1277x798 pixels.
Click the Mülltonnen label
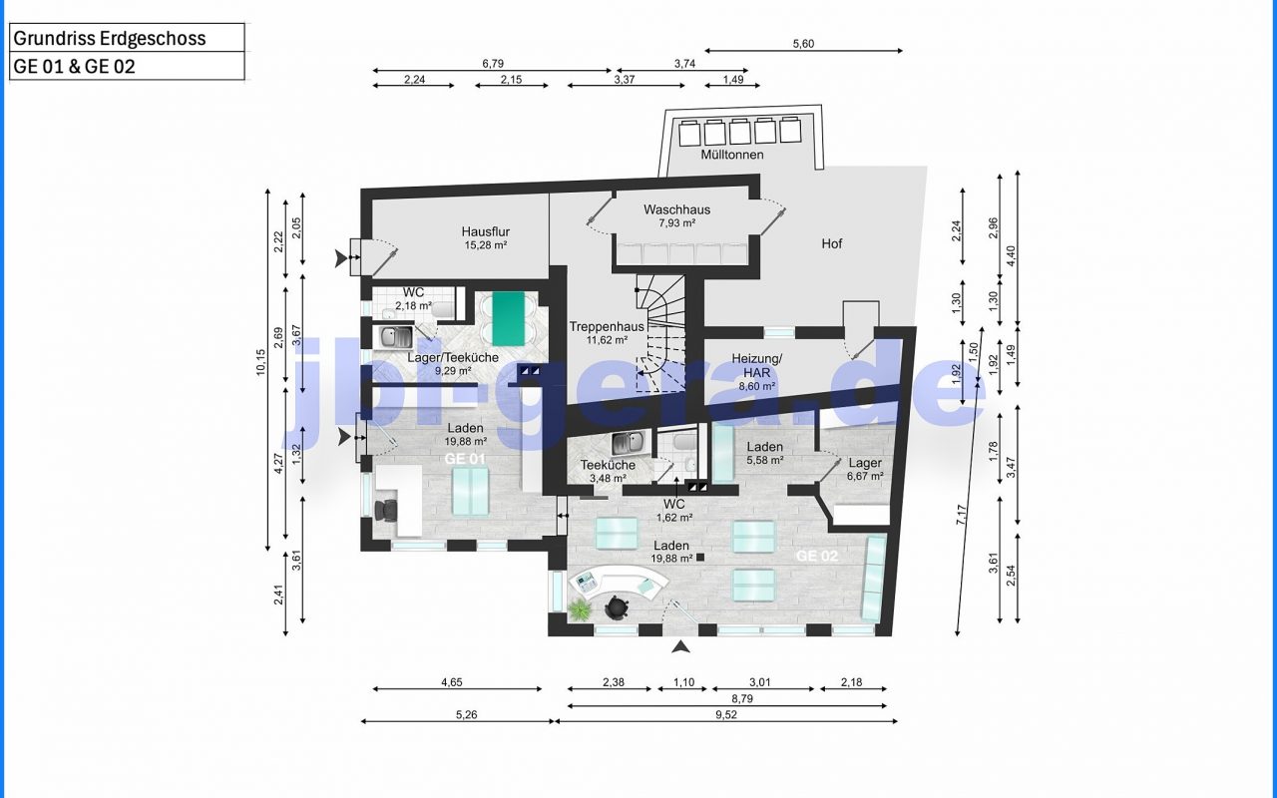click(x=732, y=155)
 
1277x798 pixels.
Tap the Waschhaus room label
click(x=676, y=216)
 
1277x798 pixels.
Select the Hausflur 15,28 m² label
click(x=486, y=238)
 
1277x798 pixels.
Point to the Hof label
click(x=832, y=244)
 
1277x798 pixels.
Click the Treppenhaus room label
click(x=607, y=333)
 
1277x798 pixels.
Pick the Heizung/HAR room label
click(x=757, y=372)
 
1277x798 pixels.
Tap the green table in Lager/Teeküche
click(x=508, y=319)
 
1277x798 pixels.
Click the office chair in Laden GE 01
click(x=386, y=510)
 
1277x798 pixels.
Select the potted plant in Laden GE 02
click(x=580, y=609)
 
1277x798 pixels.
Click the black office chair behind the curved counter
click(x=616, y=607)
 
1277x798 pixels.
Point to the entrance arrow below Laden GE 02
click(x=680, y=647)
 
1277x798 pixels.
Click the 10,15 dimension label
click(x=260, y=362)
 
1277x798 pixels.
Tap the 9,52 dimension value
click(x=725, y=714)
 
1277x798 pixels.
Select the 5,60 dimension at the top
click(x=803, y=44)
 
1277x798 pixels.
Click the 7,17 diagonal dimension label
click(x=962, y=516)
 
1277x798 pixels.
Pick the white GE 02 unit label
click(x=817, y=556)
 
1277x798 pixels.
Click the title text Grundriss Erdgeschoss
click(x=110, y=38)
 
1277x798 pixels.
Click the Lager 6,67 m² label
click(x=865, y=469)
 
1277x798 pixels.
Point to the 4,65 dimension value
click(x=452, y=681)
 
